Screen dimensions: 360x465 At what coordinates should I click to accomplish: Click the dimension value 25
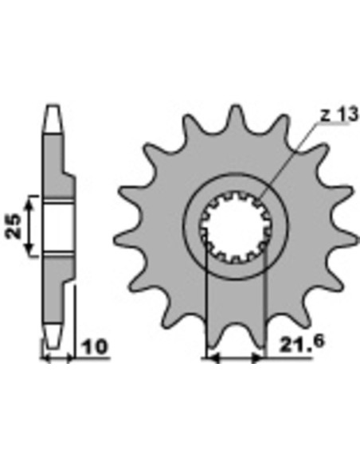[14, 226]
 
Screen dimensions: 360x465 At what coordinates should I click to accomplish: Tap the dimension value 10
[94, 347]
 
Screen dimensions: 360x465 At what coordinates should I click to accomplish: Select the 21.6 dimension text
[302, 343]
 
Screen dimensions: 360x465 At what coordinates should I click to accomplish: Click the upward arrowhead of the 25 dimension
[29, 204]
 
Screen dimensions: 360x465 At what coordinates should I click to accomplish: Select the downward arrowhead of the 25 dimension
[29, 248]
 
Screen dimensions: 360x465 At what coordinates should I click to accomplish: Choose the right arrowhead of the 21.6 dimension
[257, 358]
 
